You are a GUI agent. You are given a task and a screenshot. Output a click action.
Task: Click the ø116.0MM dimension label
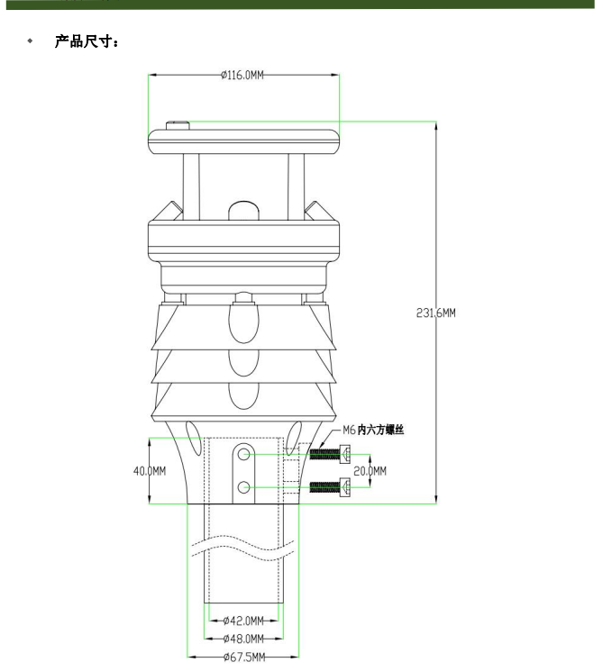[242, 76]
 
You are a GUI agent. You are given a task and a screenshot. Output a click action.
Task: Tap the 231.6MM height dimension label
[435, 313]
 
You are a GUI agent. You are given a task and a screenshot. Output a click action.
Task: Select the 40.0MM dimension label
[150, 471]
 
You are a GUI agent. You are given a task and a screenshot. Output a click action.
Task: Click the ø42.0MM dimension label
[242, 621]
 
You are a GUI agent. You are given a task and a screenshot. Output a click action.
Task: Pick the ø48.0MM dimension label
[242, 639]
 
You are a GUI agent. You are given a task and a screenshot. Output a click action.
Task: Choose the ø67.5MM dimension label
[242, 657]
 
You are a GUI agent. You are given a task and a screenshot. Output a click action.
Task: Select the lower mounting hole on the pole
[243, 488]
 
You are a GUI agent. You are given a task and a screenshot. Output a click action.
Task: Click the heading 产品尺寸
[87, 41]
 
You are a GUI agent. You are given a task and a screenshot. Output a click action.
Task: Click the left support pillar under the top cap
[191, 185]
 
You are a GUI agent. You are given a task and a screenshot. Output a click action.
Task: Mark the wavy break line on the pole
[242, 547]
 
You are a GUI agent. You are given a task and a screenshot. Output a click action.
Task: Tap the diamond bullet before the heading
[30, 41]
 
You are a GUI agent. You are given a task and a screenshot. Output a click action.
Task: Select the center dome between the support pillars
[243, 210]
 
